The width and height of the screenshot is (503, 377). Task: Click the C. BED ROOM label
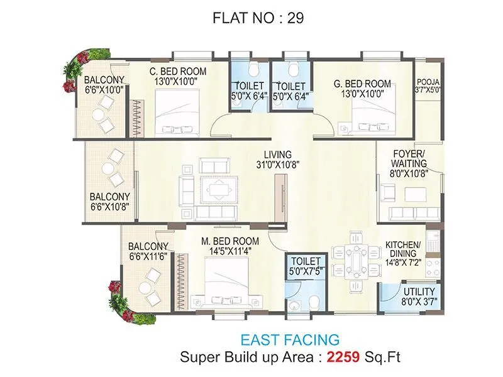pos(178,71)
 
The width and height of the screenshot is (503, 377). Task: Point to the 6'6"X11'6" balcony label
pos(148,257)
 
